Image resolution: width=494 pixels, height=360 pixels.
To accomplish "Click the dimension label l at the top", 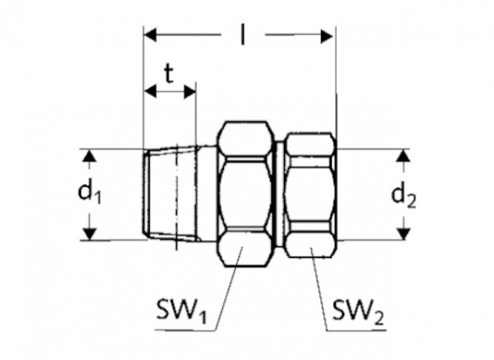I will pos(243,35).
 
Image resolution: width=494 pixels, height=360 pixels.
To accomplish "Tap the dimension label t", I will pos(169,75).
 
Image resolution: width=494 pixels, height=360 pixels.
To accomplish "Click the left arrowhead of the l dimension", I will pos(149,35).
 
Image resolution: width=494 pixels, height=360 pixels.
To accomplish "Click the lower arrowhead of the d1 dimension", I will pos(91,233).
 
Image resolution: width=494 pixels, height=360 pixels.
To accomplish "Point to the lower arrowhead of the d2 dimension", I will pos(403,233).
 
